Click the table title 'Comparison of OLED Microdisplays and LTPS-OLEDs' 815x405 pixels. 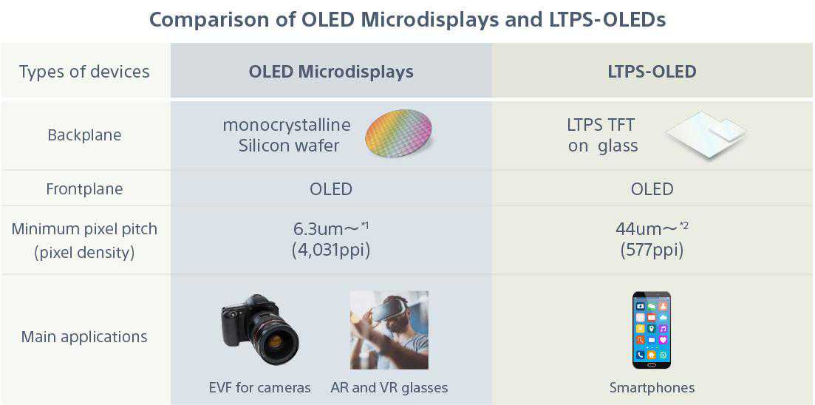coord(408,20)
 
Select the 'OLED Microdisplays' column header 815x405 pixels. coord(331,71)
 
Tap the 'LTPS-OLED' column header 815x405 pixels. coord(652,71)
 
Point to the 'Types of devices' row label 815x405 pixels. coord(84,71)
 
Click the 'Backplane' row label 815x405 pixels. coord(84,135)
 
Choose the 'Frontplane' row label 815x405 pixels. coord(84,188)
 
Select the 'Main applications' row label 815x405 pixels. coord(84,336)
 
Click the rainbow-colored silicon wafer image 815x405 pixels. coord(399,133)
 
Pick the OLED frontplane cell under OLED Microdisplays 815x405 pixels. coord(331,188)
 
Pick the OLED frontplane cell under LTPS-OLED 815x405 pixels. coord(652,188)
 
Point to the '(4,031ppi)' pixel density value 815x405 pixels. coord(331,251)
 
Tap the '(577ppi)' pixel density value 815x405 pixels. coord(652,251)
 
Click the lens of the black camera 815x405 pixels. coord(276,341)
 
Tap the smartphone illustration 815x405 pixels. coord(651,330)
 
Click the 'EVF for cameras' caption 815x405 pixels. coord(260,388)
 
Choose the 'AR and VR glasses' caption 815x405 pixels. coord(389,388)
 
